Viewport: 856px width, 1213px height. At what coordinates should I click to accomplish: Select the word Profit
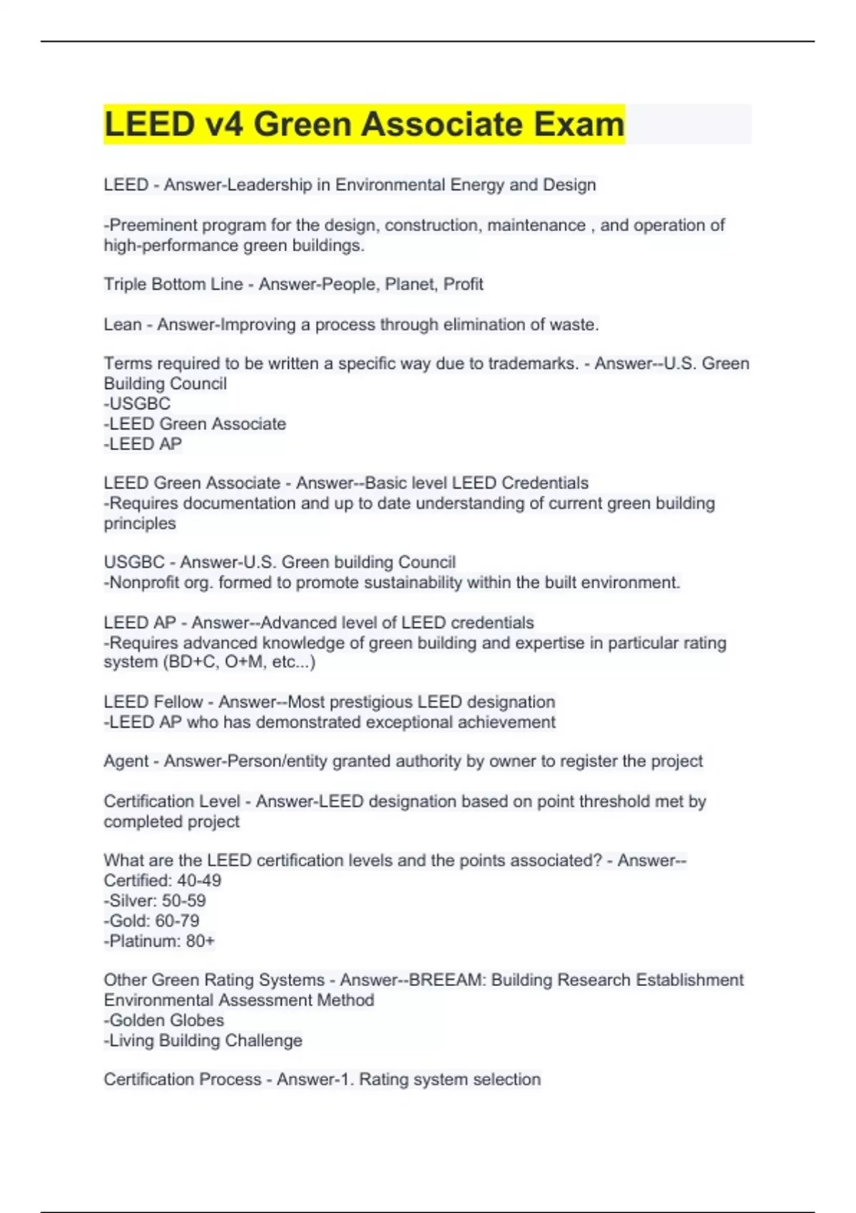tap(463, 285)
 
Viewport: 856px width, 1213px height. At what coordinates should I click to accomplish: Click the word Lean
tap(123, 325)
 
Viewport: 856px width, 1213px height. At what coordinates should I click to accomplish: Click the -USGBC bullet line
tap(137, 404)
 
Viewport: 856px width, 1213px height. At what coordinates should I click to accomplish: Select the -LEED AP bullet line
tap(143, 444)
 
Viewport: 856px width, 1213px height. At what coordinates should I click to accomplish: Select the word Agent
tap(126, 761)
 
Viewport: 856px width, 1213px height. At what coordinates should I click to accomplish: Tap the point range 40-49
tap(199, 880)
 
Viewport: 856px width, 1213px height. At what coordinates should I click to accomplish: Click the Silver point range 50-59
tap(185, 901)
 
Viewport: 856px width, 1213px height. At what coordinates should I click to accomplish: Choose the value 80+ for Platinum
tap(200, 941)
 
